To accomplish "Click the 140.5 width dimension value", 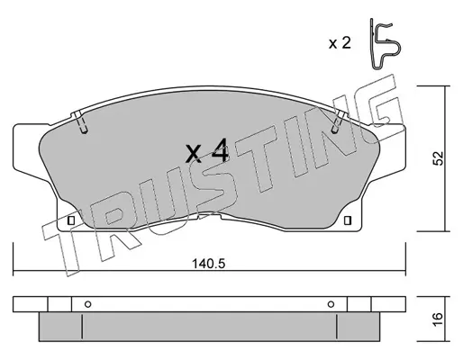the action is [208, 264].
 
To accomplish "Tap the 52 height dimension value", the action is [438, 158].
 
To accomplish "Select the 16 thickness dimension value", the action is [438, 319].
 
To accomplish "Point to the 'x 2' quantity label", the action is [340, 43].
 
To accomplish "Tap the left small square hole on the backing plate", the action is [71, 220].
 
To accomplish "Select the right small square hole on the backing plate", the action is [348, 220].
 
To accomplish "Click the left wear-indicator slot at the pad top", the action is [80, 122].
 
